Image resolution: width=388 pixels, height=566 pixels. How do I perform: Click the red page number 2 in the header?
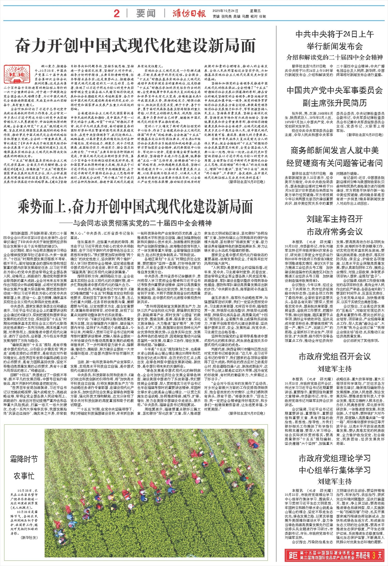(117, 13)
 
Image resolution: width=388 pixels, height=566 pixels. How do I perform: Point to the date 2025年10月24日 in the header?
(225, 11)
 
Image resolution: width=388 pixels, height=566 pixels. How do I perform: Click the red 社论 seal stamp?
(12, 74)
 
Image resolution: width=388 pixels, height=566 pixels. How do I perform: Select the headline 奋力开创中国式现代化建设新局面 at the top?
(136, 46)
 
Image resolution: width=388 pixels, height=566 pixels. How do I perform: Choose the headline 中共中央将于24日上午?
(335, 34)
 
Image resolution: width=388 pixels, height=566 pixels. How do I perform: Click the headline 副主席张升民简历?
(335, 103)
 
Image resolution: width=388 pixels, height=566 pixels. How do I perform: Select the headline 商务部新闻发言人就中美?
(335, 150)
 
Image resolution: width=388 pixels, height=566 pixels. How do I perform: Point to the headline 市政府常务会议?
(335, 232)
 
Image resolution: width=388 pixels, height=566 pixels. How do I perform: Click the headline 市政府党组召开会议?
(335, 357)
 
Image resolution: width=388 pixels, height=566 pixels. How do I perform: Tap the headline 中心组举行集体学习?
(335, 470)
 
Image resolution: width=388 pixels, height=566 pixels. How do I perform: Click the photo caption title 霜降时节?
(24, 459)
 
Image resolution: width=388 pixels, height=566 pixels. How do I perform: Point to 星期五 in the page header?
(255, 11)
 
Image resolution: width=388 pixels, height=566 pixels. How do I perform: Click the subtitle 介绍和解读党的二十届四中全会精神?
(335, 57)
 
